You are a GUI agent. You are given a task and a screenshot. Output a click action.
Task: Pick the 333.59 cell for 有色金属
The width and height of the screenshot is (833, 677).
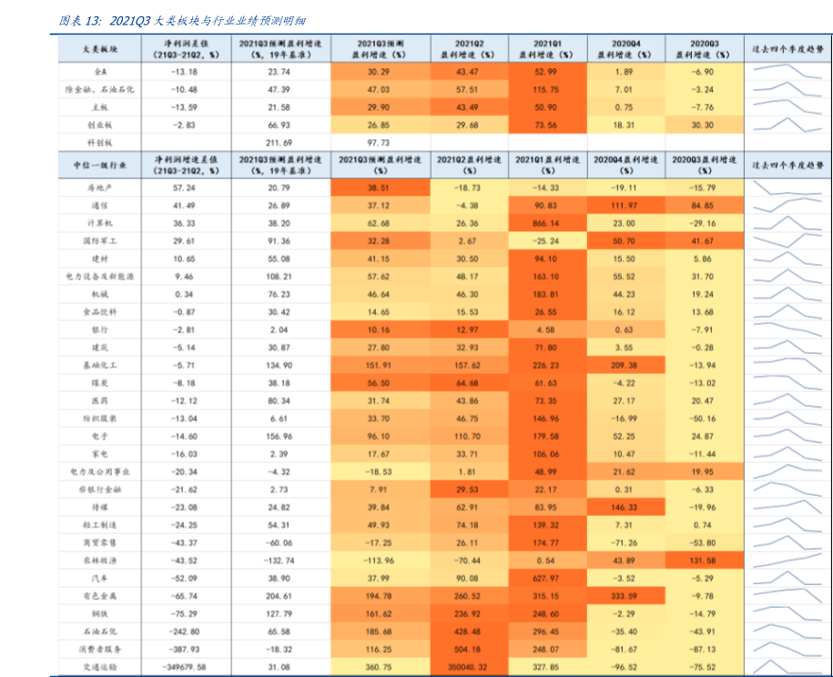[625, 596]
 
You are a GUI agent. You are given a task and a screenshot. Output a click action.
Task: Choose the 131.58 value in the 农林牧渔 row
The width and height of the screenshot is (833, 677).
[703, 561]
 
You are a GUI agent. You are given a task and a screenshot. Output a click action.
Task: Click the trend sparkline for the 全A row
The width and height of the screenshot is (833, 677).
[787, 72]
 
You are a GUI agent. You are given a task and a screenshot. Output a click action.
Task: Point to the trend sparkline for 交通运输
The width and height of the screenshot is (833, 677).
[787, 668]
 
